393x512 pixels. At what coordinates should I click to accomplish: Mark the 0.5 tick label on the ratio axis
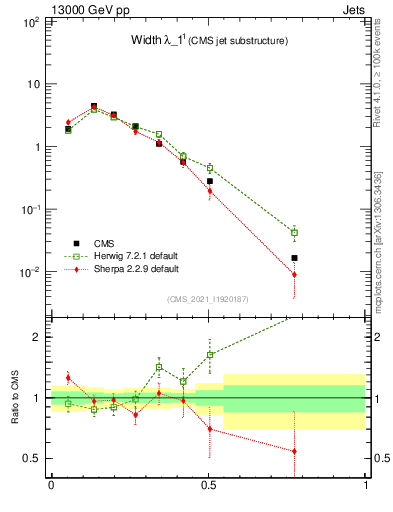point(32,459)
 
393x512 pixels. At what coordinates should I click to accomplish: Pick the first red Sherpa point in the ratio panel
point(68,378)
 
